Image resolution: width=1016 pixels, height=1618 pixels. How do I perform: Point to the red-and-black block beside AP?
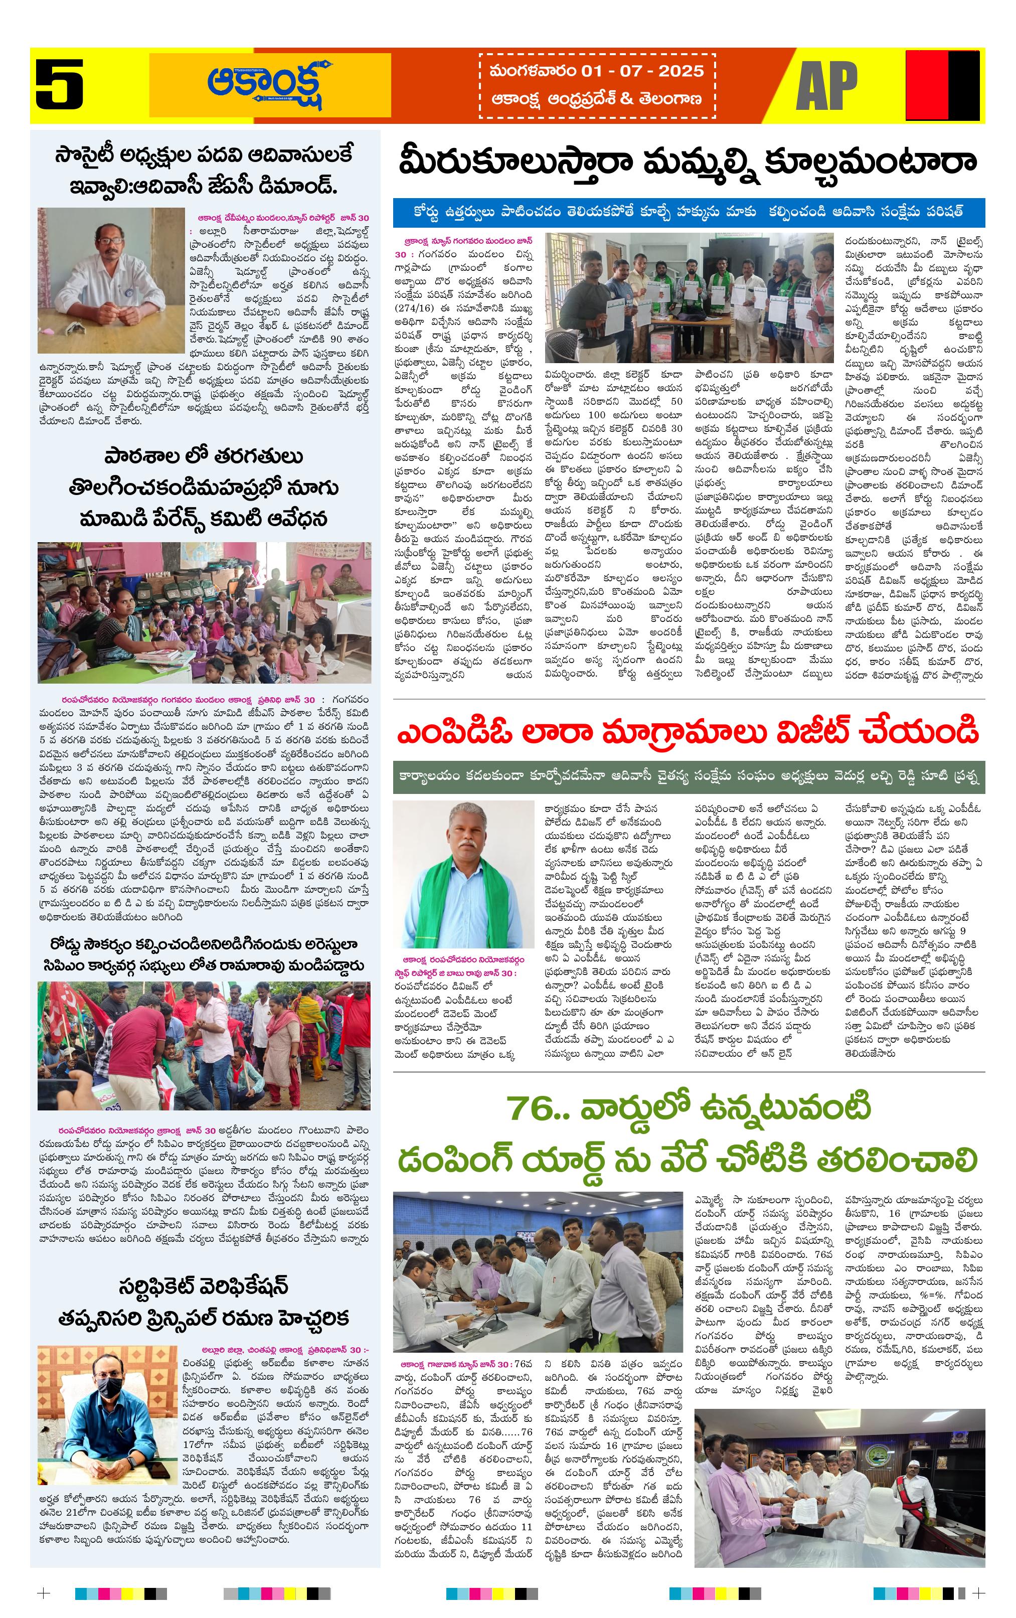[x=942, y=85]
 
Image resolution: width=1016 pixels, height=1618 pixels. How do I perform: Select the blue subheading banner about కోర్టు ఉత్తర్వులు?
[x=689, y=211]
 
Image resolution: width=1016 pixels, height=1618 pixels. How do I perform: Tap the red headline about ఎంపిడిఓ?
[x=688, y=732]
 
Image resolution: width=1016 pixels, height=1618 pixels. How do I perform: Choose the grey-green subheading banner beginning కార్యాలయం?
[x=689, y=777]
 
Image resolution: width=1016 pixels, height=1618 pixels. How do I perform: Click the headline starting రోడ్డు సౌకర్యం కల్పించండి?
[x=204, y=945]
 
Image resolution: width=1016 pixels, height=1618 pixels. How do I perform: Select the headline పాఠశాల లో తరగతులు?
[x=204, y=457]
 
